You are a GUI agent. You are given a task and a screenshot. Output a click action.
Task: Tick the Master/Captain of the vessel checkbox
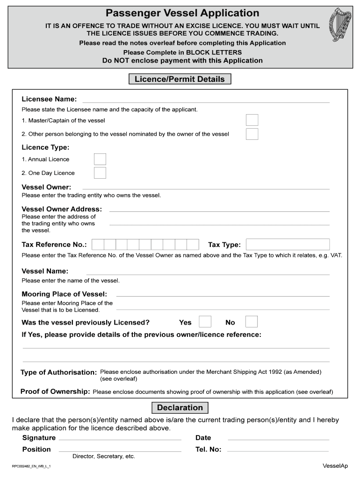point(252,120)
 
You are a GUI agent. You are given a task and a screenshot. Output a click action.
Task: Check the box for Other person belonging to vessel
point(252,134)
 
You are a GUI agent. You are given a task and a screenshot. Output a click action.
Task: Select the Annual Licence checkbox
point(100,160)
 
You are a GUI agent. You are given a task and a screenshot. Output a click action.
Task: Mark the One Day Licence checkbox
point(100,173)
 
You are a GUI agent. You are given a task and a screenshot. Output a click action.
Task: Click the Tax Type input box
point(288,245)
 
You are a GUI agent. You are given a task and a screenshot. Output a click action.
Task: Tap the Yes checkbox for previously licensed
point(205,322)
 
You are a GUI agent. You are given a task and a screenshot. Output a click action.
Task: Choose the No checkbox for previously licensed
point(252,322)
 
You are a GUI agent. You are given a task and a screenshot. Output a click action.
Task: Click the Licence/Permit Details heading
point(180,79)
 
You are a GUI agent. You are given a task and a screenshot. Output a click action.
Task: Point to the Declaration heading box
point(180,407)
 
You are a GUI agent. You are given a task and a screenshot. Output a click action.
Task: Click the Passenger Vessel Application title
point(182,13)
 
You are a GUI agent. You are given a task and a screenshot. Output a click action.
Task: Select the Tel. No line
point(278,450)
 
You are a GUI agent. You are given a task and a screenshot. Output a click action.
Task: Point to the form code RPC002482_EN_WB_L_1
point(31,466)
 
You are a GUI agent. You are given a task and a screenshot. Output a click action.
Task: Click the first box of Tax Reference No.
point(98,245)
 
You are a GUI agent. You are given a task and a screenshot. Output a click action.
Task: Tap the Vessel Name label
point(45,271)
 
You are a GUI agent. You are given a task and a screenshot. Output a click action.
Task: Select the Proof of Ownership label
point(55,392)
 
